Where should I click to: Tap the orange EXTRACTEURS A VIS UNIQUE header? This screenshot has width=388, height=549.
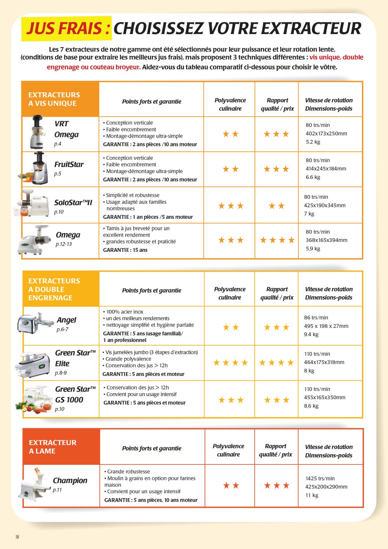coord(54,99)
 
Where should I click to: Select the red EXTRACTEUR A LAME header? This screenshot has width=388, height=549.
coord(53,447)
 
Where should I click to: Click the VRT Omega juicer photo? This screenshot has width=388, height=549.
coord(38,133)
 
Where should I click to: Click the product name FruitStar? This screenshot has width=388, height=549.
coord(69,165)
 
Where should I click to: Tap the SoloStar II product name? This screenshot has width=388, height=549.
coord(73,203)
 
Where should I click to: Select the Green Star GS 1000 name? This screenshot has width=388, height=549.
coord(74,394)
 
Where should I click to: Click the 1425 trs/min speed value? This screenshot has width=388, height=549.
coord(320,478)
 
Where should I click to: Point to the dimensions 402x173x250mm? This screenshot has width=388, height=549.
coord(326,133)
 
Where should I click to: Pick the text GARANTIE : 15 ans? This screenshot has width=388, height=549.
coord(125,250)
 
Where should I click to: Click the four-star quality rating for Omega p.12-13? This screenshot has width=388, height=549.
coord(277,241)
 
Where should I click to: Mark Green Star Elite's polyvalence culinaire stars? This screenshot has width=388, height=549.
coord(230,363)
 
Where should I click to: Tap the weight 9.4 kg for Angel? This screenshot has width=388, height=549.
coord(311,334)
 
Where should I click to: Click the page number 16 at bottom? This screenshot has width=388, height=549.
coord(17,537)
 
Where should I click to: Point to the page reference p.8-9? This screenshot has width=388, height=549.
coord(61,373)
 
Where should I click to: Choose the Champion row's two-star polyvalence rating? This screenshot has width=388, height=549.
coord(231,485)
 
